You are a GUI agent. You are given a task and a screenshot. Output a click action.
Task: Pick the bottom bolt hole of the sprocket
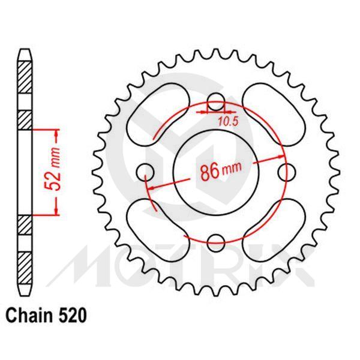[x=217, y=243]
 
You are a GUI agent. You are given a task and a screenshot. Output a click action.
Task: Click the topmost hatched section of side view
[x=23, y=77]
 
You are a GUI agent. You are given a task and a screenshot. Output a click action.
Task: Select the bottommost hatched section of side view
[x=23, y=268]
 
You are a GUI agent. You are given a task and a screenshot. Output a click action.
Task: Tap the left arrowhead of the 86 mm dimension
[x=151, y=188]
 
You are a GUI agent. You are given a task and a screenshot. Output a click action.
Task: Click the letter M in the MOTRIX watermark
[x=87, y=265]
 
